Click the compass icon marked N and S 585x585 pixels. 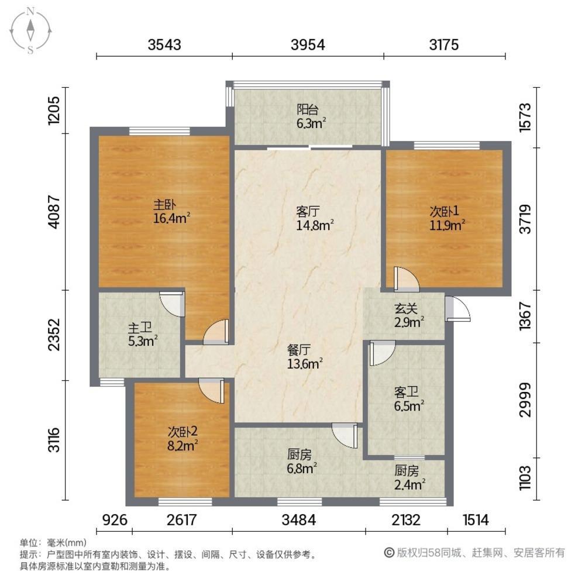tap(30, 30)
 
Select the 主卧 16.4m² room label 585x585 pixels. tap(172, 212)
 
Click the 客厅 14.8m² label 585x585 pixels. tap(314, 218)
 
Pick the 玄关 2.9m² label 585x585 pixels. tap(408, 314)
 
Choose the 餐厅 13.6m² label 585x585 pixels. tap(305, 356)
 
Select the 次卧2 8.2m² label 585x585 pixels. tap(183, 437)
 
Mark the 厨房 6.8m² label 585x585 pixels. tap(302, 460)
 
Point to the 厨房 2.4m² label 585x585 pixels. tap(409, 477)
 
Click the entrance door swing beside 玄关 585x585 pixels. tap(457, 309)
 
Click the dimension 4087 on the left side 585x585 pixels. tap(54, 211)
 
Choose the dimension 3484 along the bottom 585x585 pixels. tap(299, 519)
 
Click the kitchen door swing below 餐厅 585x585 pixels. tap(345, 435)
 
